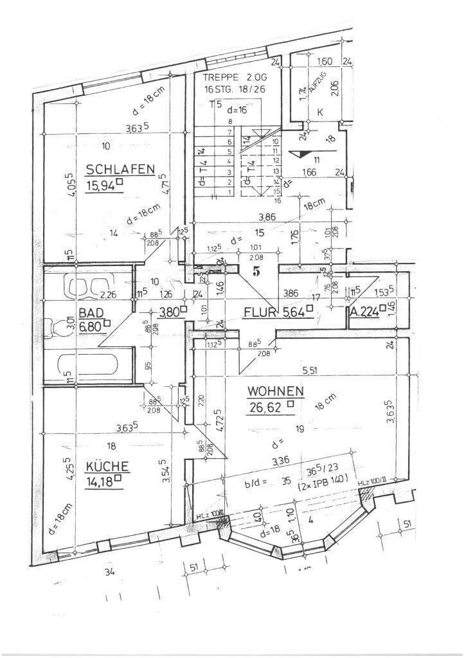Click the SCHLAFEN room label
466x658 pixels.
click(x=121, y=170)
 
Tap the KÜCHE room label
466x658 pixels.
click(x=106, y=467)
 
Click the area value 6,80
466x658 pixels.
click(x=91, y=326)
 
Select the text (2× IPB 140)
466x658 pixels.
click(x=321, y=479)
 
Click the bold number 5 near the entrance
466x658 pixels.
click(x=256, y=271)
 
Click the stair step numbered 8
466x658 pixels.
click(x=229, y=121)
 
